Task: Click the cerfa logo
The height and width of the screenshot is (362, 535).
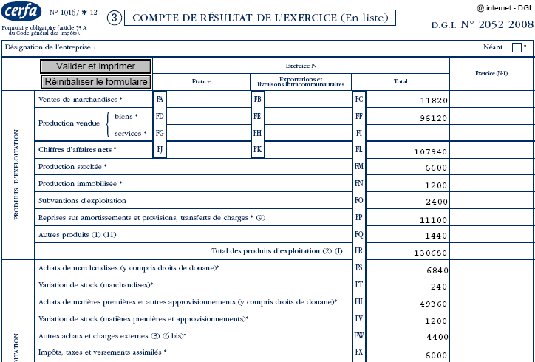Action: (22, 14)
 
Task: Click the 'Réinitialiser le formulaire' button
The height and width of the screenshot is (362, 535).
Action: (96, 82)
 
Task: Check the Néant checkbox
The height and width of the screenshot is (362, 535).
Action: (517, 47)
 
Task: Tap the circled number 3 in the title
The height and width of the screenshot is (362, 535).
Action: (115, 18)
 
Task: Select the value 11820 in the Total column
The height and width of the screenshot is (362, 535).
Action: (431, 100)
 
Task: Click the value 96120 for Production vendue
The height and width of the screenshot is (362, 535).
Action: (431, 117)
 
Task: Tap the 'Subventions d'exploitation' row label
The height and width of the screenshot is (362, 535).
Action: (82, 200)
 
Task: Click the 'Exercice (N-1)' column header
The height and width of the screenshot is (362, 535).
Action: (491, 73)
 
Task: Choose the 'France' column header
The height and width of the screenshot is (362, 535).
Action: (201, 82)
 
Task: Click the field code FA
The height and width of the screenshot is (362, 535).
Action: (160, 99)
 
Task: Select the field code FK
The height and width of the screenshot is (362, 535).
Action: (257, 150)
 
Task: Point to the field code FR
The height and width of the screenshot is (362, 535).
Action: (358, 251)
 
